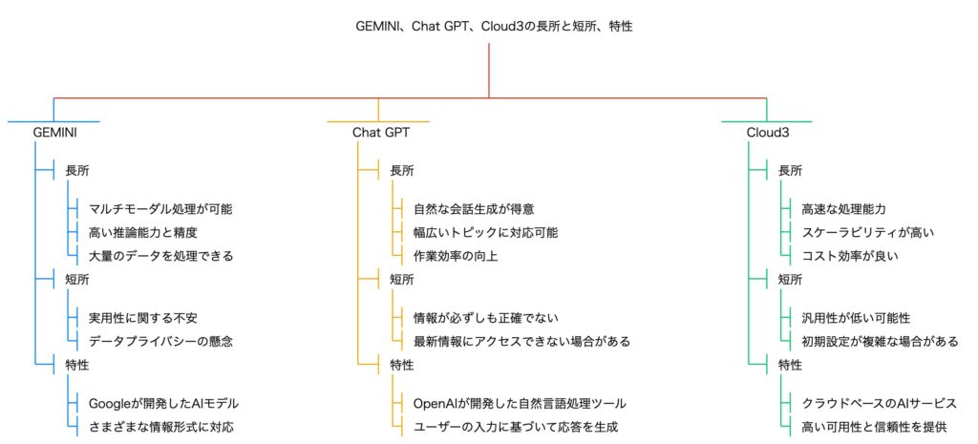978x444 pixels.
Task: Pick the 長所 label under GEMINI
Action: coord(76,170)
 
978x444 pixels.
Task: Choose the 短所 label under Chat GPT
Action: coord(402,280)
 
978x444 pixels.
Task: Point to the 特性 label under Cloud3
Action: coord(790,365)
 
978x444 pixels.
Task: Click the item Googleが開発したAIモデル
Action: coord(163,404)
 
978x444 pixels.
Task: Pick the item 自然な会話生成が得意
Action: coord(474,209)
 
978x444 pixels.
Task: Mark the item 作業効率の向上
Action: coord(456,255)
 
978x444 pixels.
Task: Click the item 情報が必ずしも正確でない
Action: coord(485,318)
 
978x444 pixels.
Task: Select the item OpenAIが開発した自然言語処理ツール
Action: coord(520,404)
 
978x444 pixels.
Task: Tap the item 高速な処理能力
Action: coord(843,209)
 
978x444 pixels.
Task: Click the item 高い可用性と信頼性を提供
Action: coord(874,427)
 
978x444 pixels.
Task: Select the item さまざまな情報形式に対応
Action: coord(162,427)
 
